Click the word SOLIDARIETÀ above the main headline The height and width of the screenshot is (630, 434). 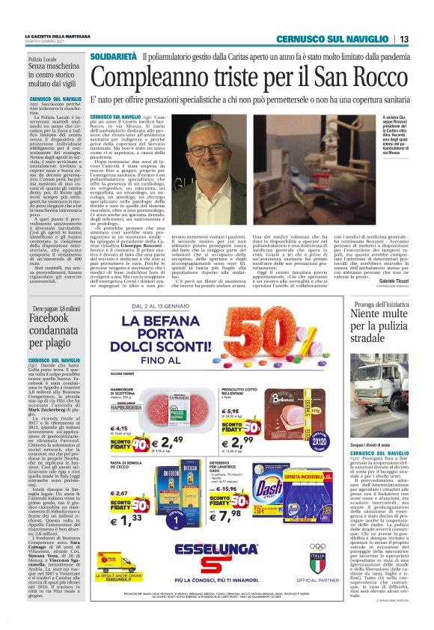pos(112,57)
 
